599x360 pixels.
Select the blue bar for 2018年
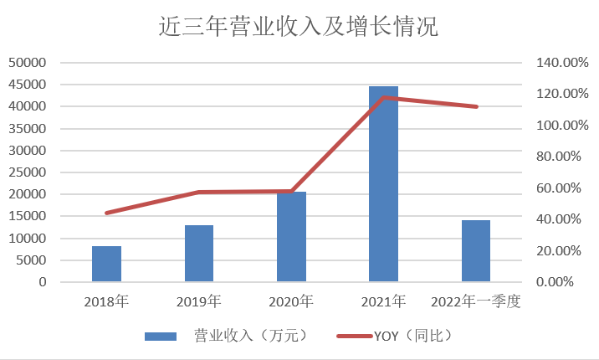106,264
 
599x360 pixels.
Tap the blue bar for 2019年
199,254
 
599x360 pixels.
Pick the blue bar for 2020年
291,237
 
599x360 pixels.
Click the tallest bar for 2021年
383,184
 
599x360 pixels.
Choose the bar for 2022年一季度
476,251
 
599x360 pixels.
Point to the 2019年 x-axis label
199,301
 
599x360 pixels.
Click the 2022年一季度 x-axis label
475,301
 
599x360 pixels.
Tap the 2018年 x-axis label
106,301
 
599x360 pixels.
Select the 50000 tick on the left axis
29,63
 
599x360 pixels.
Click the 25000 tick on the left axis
29,172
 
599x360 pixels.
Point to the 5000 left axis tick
33,260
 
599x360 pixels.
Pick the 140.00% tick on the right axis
555,63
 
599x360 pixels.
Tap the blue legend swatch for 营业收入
161,336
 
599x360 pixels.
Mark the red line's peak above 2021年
384,98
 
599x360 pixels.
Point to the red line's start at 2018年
106,213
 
